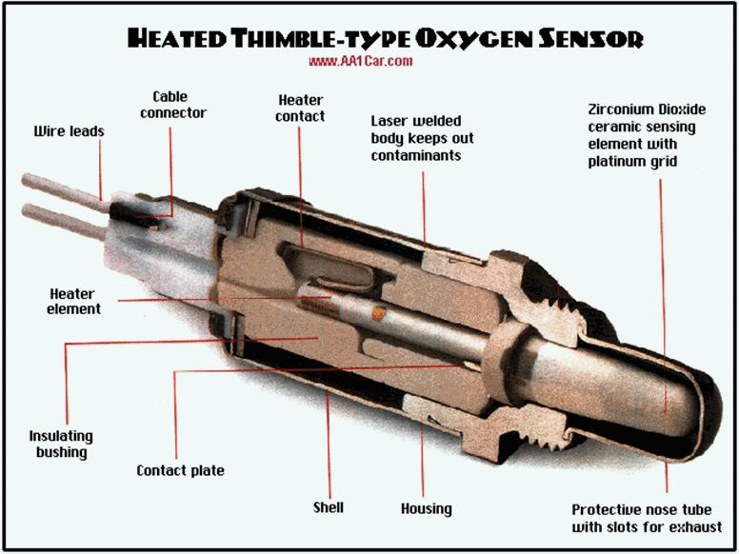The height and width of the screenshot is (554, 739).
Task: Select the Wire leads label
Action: tap(70, 130)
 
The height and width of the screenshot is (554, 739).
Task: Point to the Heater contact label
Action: tap(301, 108)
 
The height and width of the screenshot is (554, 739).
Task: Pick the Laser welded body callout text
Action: tap(422, 137)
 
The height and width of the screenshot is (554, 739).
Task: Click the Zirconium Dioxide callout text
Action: tap(642, 135)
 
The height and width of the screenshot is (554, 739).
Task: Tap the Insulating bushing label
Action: tap(61, 444)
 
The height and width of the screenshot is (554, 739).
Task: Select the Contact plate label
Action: tap(180, 470)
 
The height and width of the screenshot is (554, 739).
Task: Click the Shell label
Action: tap(328, 507)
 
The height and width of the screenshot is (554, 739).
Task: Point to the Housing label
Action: tap(426, 509)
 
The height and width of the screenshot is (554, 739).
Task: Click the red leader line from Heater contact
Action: tap(301, 181)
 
